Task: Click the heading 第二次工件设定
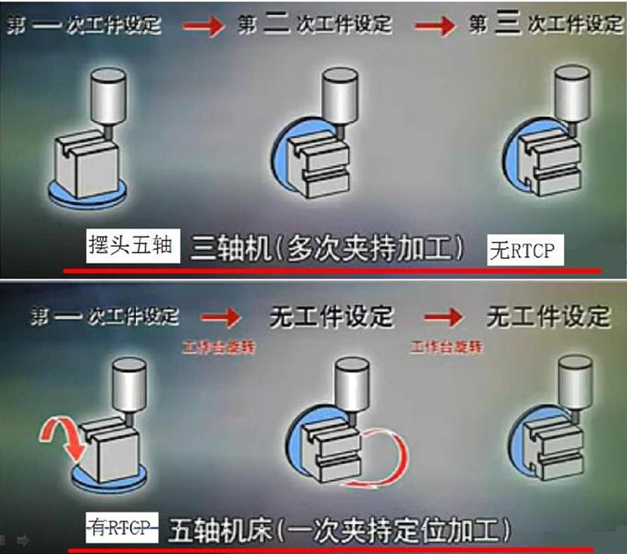pos(315,24)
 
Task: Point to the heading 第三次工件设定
pos(546,24)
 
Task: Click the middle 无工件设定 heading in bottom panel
pos(331,317)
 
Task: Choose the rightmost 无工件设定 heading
pos(548,317)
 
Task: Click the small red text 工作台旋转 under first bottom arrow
pos(214,348)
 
